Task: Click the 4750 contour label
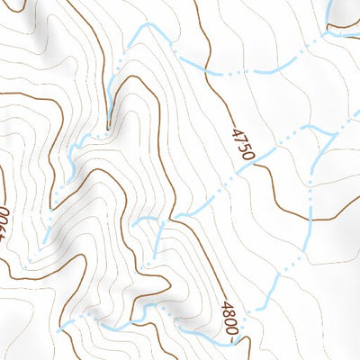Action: pyautogui.click(x=242, y=145)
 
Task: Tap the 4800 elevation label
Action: pyautogui.click(x=229, y=320)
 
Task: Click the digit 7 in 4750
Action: pyautogui.click(x=239, y=139)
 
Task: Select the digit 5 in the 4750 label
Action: pyautogui.click(x=244, y=148)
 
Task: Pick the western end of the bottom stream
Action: pyautogui.click(x=59, y=330)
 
